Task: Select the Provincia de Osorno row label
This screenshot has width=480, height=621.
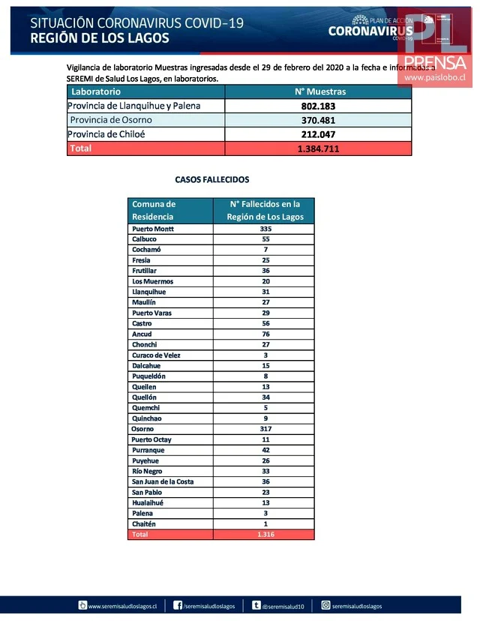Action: point(111,120)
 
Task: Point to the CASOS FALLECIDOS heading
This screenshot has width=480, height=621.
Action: point(212,180)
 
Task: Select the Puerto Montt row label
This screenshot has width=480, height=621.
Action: point(154,229)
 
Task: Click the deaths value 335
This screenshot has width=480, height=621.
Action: point(263,229)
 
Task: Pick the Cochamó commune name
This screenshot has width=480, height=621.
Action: point(146,250)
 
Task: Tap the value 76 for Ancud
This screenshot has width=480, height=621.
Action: point(263,334)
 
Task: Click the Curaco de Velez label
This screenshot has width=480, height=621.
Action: point(156,355)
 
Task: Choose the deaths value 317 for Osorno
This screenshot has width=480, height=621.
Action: point(263,429)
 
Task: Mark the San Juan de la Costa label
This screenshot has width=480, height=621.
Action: point(163,481)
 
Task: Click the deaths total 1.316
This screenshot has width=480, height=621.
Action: point(263,535)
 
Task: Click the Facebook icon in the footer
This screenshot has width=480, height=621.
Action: point(178,605)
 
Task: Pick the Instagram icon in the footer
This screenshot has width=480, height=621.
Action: point(326,605)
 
